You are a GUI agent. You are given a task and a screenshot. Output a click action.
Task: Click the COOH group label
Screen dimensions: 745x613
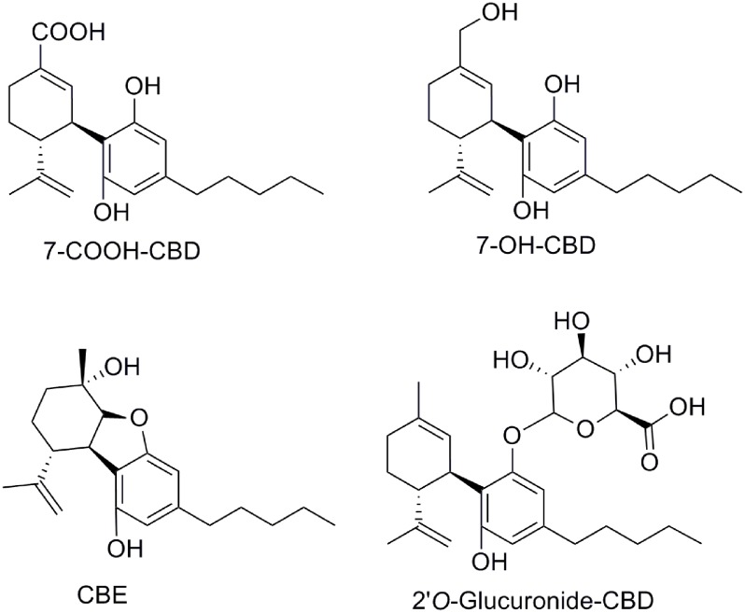coord(69,34)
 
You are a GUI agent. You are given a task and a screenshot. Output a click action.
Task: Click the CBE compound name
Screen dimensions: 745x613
coord(103,595)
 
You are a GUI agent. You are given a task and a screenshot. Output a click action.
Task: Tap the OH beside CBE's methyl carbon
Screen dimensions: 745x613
coord(122,366)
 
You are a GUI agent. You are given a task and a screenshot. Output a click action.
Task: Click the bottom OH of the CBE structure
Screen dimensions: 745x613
coord(125,549)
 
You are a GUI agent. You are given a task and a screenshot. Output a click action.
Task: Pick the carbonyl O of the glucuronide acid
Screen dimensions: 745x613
coord(650,462)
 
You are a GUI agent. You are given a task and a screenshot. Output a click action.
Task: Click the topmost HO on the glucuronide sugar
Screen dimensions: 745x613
coord(572,321)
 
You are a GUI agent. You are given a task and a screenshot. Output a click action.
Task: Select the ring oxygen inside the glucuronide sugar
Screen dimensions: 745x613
coord(584,430)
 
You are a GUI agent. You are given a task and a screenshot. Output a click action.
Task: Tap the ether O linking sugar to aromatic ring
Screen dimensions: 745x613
coord(513,434)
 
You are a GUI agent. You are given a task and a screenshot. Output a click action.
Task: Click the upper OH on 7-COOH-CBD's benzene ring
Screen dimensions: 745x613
coord(144,87)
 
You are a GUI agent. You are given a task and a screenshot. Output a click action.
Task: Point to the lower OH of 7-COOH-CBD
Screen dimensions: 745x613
coord(111,212)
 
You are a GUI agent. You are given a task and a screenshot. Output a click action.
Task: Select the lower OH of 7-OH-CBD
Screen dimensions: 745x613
coord(530,209)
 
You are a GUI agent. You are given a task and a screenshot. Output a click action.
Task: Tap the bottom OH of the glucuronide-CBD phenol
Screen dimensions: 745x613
coord(489,562)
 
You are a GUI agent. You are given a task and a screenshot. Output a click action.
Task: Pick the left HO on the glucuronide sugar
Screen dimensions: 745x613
coord(512,359)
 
